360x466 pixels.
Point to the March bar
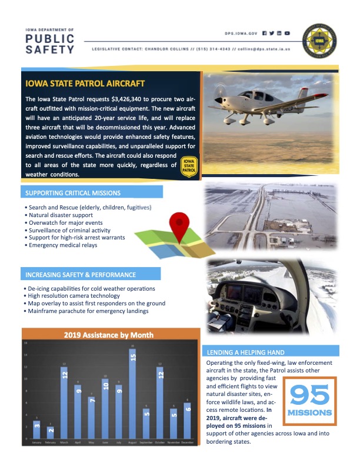[x=64, y=403]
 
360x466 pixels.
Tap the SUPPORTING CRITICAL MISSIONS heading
[x=73, y=194]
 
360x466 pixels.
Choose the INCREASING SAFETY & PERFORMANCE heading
[x=81, y=275]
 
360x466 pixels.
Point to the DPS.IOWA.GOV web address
[x=242, y=34]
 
